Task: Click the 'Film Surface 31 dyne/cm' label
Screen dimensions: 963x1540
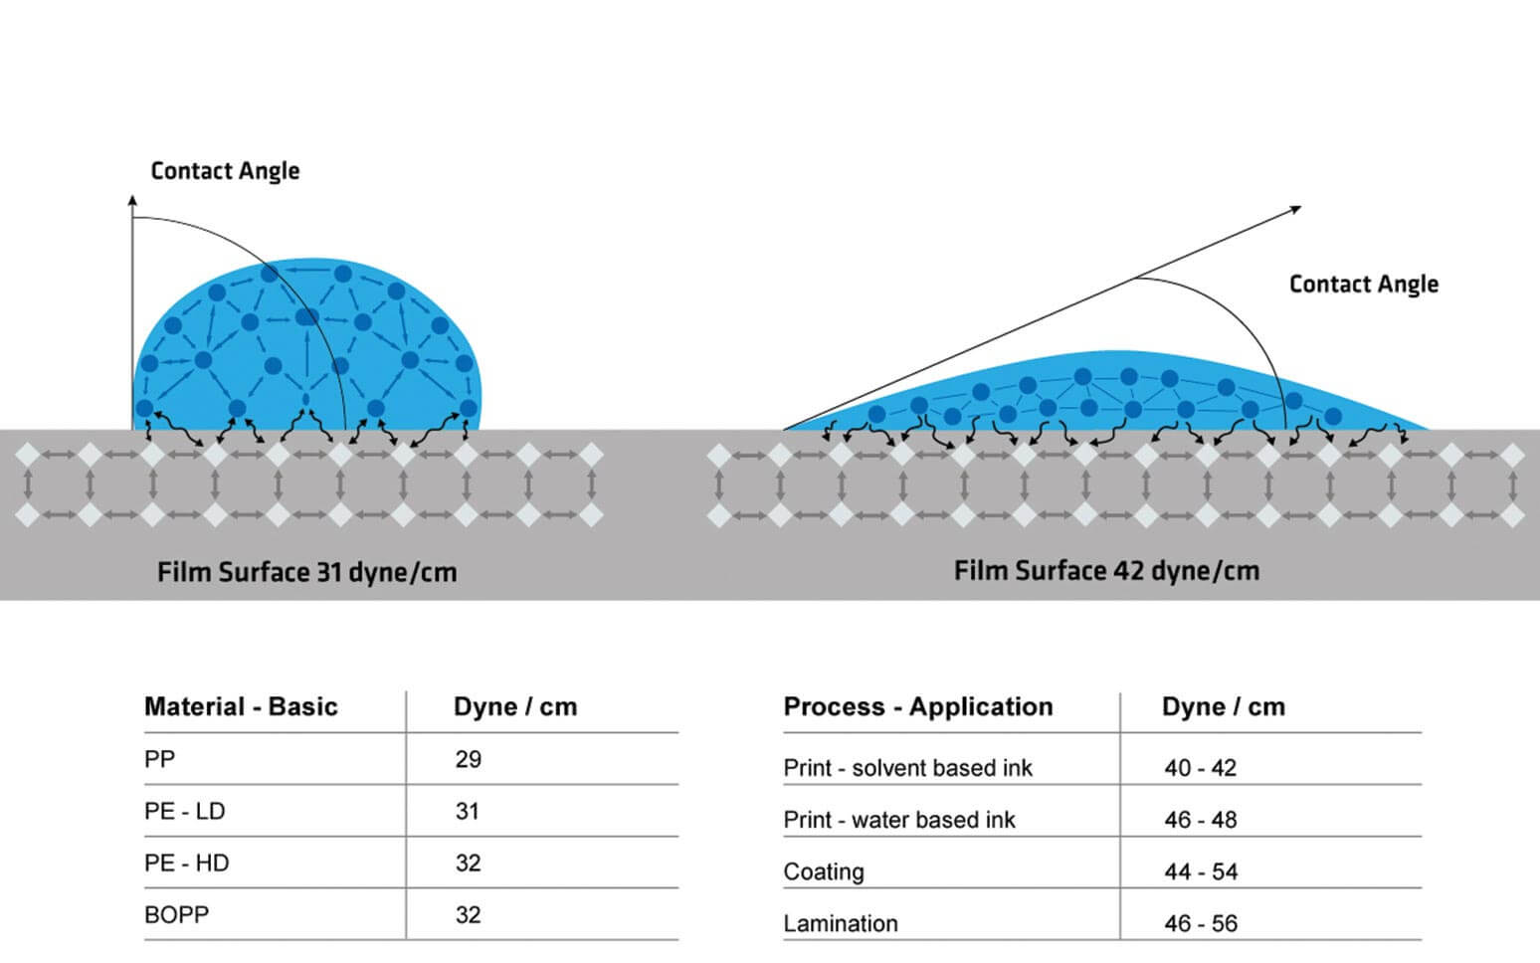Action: click(306, 573)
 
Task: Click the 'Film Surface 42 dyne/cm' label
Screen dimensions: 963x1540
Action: click(1106, 571)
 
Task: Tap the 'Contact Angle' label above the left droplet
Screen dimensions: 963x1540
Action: click(225, 171)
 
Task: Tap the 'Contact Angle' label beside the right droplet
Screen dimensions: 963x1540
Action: click(1363, 285)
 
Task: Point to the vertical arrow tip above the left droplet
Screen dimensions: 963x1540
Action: click(132, 199)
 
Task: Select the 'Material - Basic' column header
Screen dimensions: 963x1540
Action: click(241, 707)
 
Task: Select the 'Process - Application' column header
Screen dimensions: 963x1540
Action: click(917, 707)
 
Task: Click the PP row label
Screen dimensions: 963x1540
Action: click(159, 760)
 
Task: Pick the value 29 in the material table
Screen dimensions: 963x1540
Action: click(469, 760)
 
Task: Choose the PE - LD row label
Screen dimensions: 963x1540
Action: click(185, 812)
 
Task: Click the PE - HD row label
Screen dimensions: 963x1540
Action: click(186, 864)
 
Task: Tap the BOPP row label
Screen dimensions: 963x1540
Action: click(176, 915)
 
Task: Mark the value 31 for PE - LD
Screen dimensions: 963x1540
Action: click(468, 812)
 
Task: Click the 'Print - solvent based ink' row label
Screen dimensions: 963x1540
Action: click(907, 768)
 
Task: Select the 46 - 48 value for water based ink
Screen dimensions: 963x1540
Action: click(1201, 820)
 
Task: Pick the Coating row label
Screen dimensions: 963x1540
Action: click(824, 871)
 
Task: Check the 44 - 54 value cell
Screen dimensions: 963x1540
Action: click(1201, 871)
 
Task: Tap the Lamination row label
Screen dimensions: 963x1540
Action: click(841, 923)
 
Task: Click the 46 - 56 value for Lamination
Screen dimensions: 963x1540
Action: click(1201, 923)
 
